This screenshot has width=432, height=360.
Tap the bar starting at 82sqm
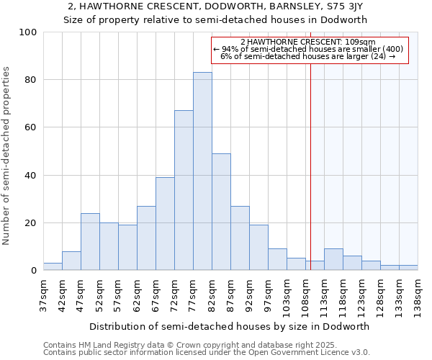point(221,212)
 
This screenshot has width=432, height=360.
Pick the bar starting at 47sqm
point(90,242)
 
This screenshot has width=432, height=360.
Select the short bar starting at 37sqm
point(53,266)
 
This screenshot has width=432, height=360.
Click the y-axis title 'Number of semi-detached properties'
point(7,156)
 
